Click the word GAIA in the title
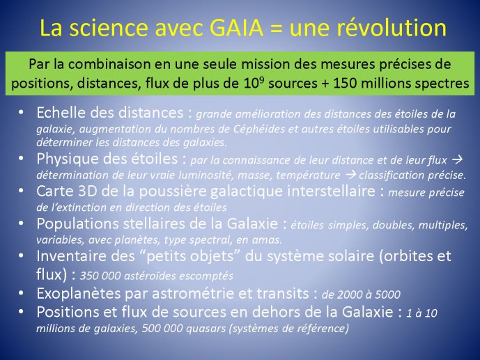pos(237,28)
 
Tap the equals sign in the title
pos(276,29)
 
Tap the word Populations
pos(77,224)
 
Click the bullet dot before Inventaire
pos(21,256)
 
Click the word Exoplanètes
pos(78,294)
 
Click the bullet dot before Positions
pos(21,312)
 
